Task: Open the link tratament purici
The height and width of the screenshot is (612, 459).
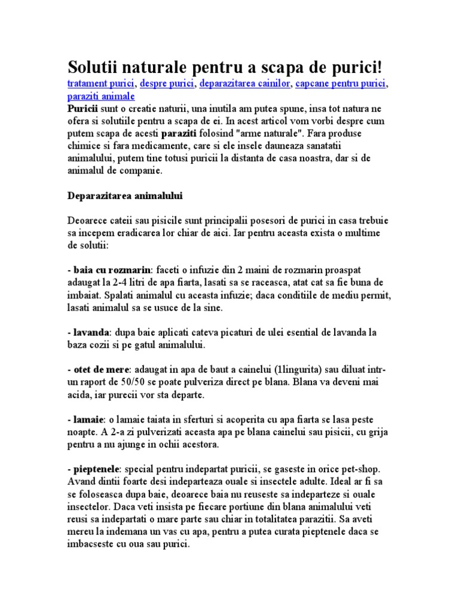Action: tap(101, 84)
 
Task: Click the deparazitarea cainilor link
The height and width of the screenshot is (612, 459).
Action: tap(245, 84)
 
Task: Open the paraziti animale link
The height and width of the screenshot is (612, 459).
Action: tap(101, 96)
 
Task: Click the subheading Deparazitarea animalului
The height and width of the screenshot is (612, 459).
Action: tap(125, 195)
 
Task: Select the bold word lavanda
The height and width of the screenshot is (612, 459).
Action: tap(91, 332)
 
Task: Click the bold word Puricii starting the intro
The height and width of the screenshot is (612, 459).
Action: tap(82, 109)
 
